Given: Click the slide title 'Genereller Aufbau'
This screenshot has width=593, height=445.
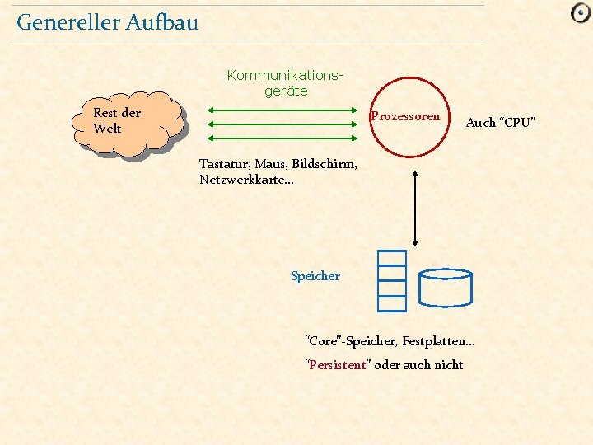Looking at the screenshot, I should point(107,22).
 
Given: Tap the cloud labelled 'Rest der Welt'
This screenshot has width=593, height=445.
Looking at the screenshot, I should point(127,123).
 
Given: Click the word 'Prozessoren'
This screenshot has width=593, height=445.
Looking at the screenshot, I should point(405,116).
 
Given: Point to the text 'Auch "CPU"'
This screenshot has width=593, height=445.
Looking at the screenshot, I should point(501,123).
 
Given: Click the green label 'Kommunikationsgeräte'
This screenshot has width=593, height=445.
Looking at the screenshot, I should point(285,83).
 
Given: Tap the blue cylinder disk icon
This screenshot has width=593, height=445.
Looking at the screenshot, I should point(445,286).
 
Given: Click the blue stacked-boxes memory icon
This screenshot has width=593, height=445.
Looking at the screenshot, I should point(392,280).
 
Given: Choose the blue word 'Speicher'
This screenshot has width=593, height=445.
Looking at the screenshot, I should point(315,277).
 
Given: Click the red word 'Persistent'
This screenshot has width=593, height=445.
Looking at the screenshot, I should point(337,365).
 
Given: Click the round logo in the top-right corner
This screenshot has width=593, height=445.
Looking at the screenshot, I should point(581,13).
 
